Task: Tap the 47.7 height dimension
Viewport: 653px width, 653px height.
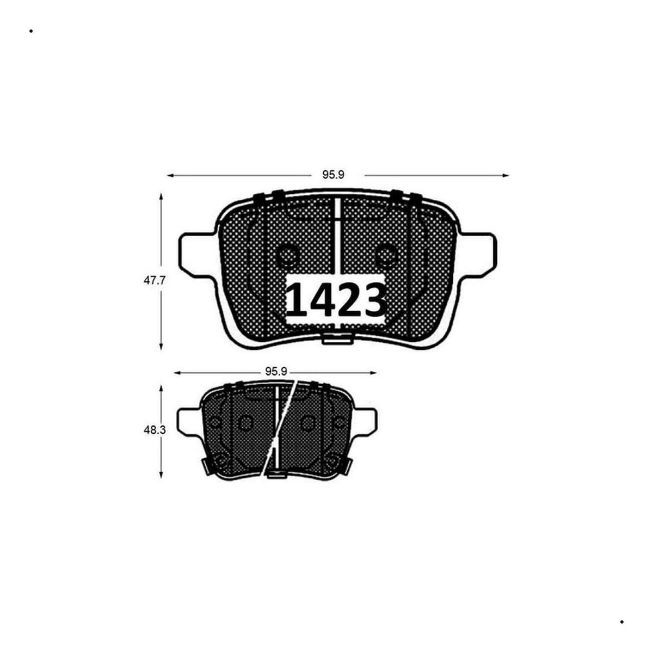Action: (x=154, y=280)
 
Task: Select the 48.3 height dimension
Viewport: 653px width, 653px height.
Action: (x=154, y=430)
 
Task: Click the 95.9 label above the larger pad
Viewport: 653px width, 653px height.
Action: (x=334, y=175)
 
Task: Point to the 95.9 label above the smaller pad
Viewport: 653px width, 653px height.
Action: (x=276, y=372)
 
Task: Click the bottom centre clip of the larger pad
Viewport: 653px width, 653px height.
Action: (x=337, y=339)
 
